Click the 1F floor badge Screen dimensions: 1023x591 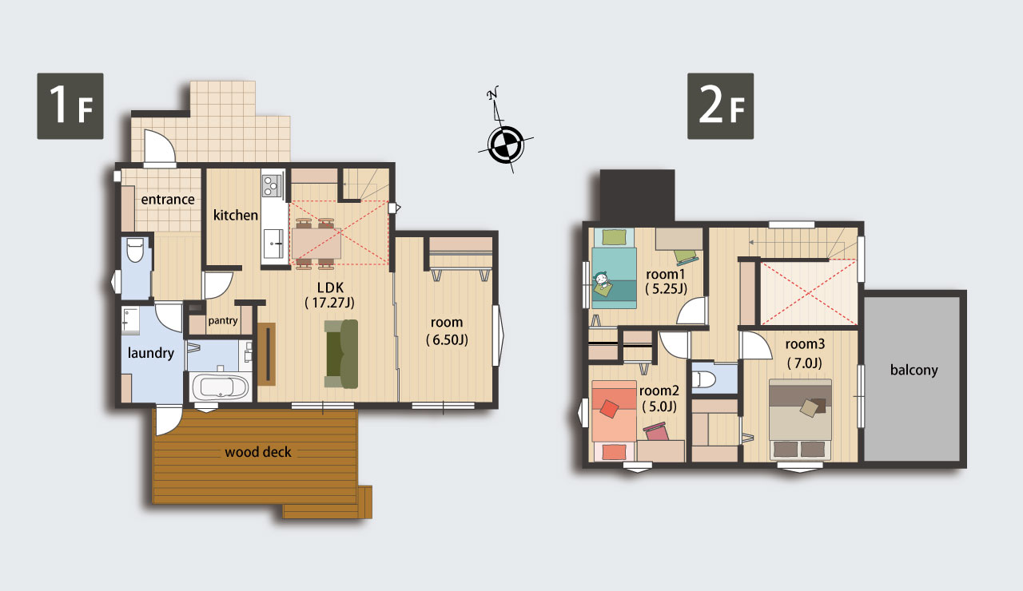(x=70, y=106)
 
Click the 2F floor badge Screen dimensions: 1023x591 (x=720, y=106)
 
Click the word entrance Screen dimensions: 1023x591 (x=168, y=200)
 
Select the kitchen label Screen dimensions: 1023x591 (x=236, y=215)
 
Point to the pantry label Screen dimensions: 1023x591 (x=223, y=321)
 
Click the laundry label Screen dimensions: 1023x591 (x=151, y=353)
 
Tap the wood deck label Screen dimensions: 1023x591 (x=258, y=452)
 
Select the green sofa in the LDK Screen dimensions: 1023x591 (x=341, y=354)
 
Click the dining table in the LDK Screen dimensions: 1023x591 (x=316, y=244)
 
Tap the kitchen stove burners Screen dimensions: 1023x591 (x=272, y=186)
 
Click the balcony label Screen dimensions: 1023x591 (x=914, y=370)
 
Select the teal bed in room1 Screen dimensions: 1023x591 (x=614, y=278)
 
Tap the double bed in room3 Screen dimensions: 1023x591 (x=800, y=419)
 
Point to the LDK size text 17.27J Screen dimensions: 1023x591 (x=330, y=303)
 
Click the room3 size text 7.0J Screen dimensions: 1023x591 (x=805, y=363)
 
